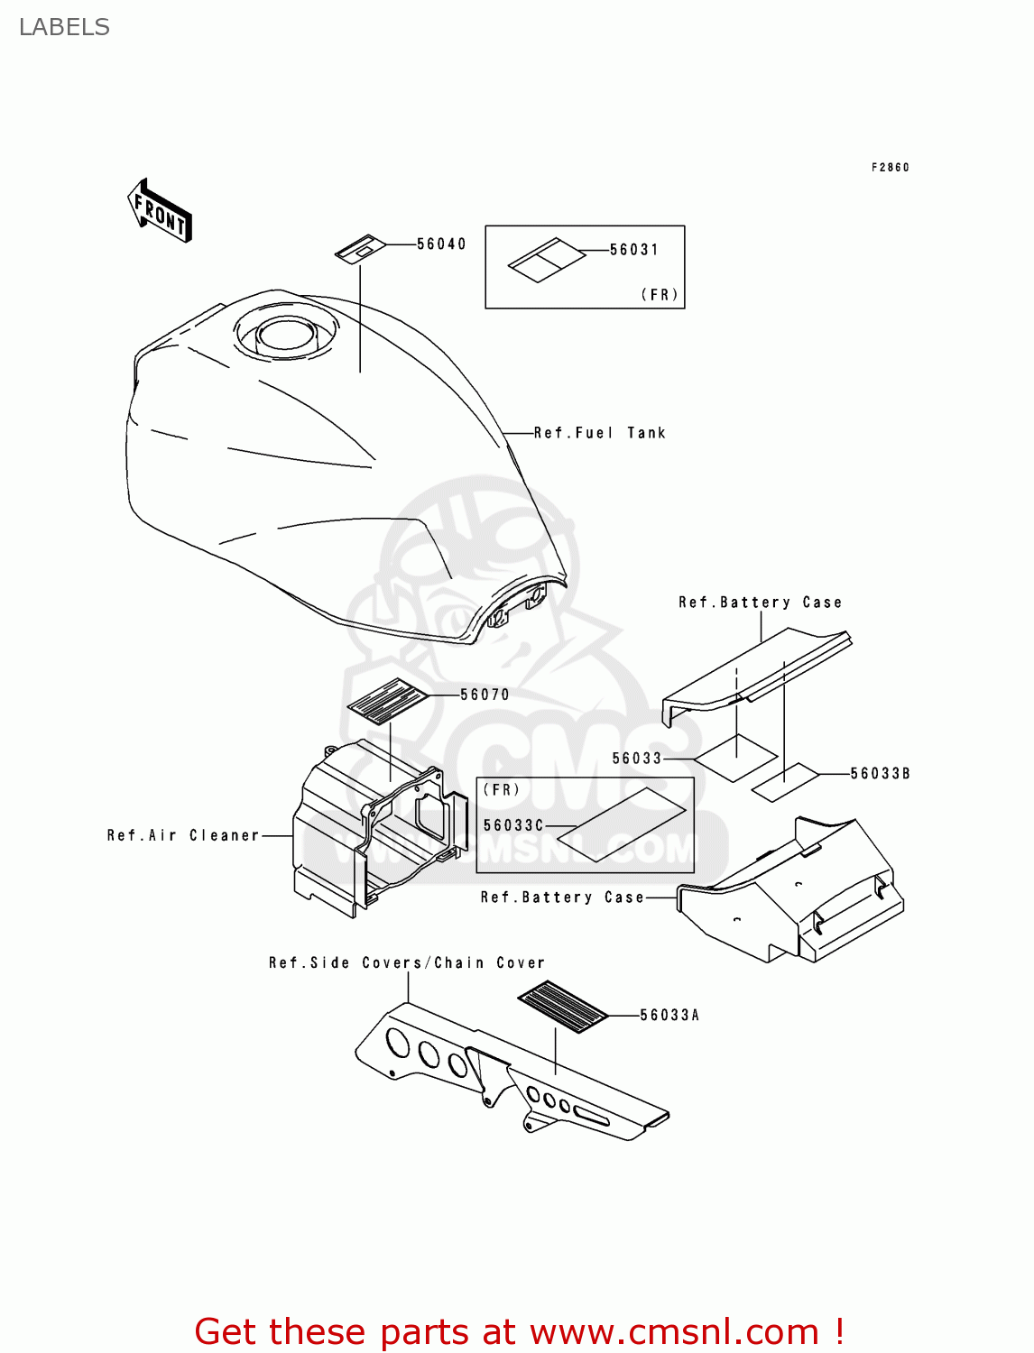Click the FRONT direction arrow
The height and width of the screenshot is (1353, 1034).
160,210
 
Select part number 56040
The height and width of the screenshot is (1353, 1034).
441,244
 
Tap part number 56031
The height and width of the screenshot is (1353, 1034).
633,250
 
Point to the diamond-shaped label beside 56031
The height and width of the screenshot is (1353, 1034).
546,260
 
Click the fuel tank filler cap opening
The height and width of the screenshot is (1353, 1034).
284,336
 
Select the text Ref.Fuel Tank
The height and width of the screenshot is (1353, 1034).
599,433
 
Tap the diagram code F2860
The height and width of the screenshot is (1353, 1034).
890,168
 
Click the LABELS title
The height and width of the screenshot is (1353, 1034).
64,27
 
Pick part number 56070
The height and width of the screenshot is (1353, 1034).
485,695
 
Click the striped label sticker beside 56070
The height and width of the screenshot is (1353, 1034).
388,701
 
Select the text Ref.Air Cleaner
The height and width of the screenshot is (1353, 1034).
183,835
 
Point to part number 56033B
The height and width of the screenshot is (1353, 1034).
880,774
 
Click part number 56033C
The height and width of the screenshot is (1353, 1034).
513,825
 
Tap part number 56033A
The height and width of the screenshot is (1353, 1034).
669,1016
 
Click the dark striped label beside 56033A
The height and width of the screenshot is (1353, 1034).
562,1006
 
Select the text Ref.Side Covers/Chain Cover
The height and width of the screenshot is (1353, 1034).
407,963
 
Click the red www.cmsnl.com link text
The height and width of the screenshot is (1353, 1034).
674,1331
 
